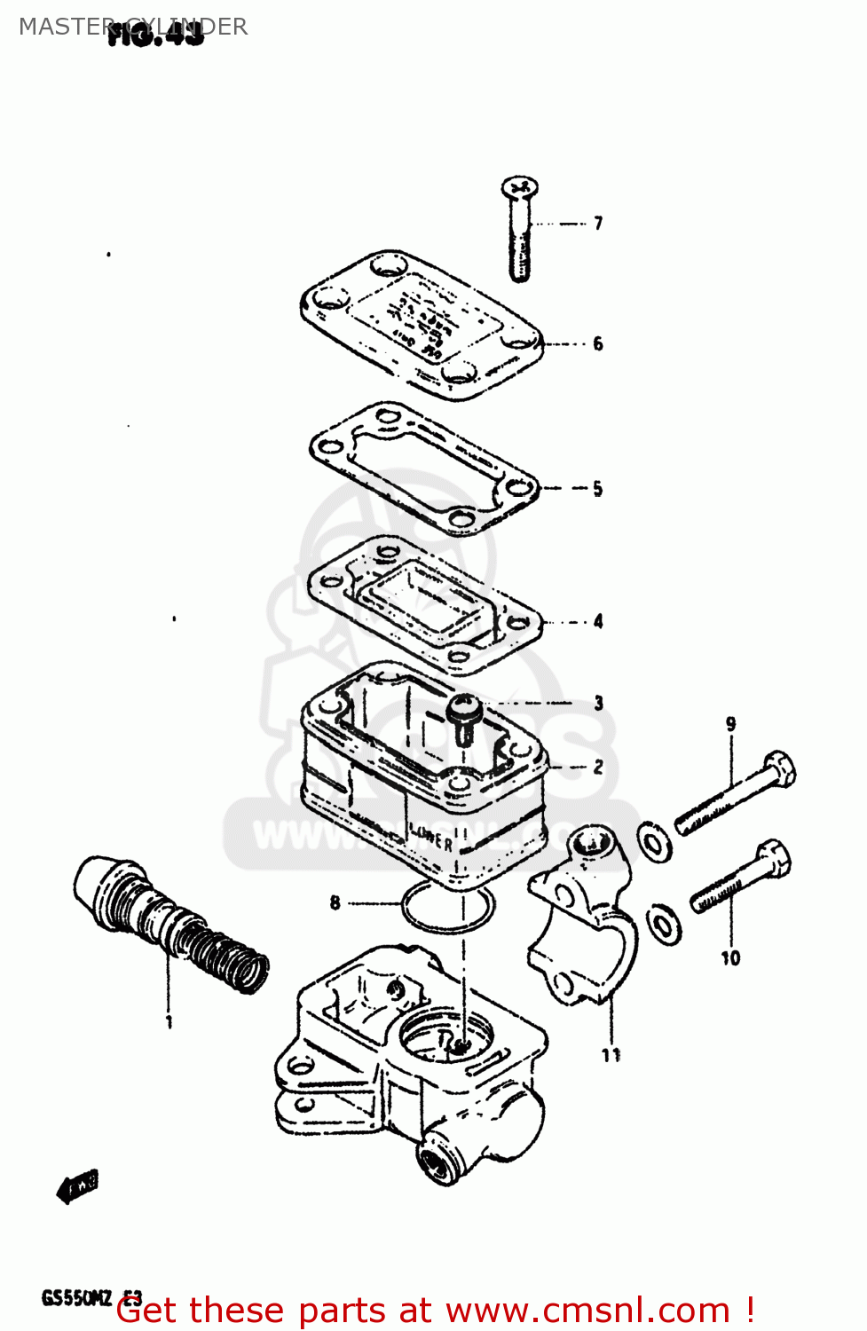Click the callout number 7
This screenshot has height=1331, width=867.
(x=598, y=223)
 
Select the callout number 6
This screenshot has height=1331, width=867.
(x=598, y=343)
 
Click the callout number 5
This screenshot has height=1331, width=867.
(x=598, y=489)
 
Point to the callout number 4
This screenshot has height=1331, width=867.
(x=598, y=621)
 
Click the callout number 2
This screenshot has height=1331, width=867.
(x=598, y=767)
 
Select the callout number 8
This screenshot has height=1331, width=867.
(x=335, y=903)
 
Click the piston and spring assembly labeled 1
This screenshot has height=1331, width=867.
(x=169, y=923)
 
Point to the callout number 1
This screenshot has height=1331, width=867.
(x=169, y=1022)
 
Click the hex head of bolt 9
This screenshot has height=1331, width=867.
(x=778, y=768)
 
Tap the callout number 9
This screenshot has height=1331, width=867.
(x=730, y=724)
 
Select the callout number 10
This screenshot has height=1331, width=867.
(x=730, y=958)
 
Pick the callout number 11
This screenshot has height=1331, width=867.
(x=611, y=1055)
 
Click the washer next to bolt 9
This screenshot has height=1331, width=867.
(x=655, y=841)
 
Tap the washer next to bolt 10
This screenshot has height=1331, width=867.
(x=664, y=925)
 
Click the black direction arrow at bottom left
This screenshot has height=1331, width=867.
(x=77, y=1186)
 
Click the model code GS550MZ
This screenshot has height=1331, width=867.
(x=76, y=1298)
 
